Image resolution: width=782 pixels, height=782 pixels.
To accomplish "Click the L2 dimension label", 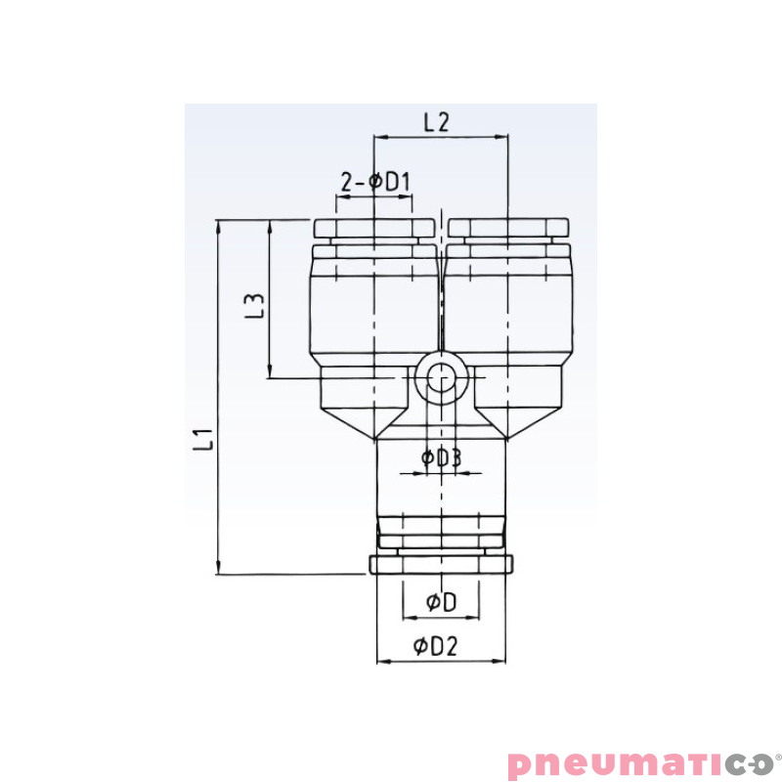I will coord(436,122).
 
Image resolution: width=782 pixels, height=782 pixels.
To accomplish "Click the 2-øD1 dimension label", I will coord(374,182).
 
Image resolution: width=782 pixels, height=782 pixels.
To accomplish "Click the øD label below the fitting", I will coord(441,603).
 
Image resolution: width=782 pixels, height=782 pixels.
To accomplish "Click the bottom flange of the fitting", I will coord(441,565).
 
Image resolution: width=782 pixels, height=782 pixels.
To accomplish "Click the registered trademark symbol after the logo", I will coord(777,754).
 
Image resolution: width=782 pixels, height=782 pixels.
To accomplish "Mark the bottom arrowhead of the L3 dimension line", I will coord(269,371).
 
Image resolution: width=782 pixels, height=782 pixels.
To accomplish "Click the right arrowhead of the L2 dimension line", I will coord(502,139).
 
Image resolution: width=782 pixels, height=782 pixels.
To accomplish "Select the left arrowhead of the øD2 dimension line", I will coord(382,662).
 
